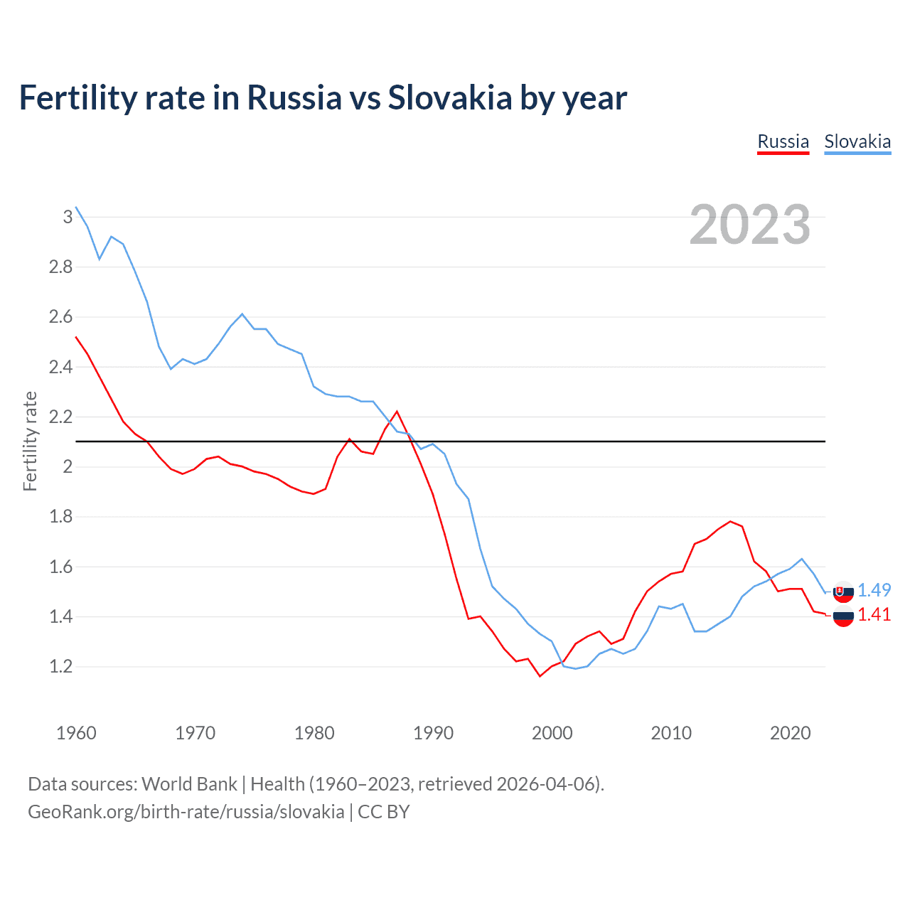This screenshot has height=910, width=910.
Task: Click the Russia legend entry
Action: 783,141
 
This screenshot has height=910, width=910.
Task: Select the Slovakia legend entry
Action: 857,141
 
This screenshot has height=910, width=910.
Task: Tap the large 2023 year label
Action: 750,225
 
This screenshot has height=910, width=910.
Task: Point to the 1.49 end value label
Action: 874,590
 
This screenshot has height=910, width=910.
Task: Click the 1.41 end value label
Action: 874,615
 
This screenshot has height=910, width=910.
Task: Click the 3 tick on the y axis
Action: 68,217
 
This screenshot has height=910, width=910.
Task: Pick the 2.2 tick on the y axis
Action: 61,417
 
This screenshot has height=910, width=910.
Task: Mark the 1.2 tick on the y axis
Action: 61,667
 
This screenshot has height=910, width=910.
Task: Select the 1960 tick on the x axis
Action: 76,733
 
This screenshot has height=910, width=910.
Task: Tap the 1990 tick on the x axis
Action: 433,733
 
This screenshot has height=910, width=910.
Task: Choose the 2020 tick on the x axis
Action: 790,733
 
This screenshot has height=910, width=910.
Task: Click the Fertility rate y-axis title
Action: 30,441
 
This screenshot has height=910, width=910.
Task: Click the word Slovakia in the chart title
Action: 449,97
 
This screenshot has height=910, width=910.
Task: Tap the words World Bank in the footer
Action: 189,784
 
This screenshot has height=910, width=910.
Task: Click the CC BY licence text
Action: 384,812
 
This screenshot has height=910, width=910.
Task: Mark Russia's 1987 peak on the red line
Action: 397,411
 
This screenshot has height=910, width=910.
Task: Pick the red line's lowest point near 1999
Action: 540,676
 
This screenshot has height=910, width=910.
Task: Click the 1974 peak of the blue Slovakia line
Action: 242,314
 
